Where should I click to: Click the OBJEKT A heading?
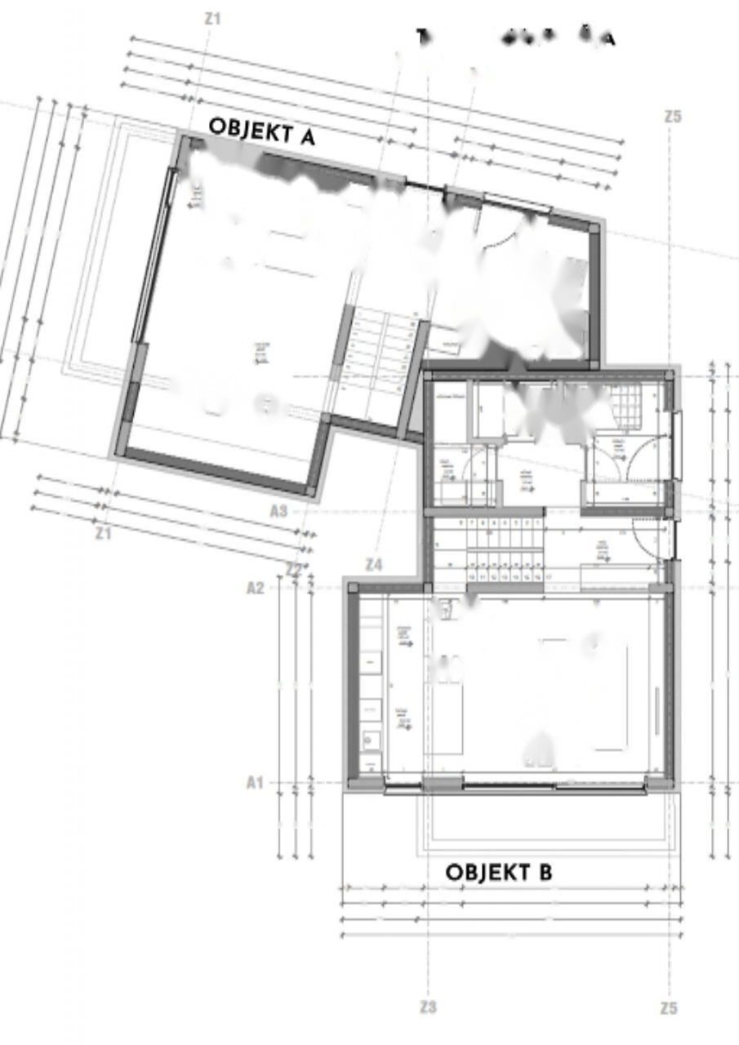coord(261,131)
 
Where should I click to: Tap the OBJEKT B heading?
coord(498,872)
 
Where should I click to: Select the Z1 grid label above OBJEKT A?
coord(212,18)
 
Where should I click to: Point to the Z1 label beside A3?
coord(103,533)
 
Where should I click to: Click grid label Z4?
coord(374,564)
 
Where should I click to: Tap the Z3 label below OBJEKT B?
coord(428,1007)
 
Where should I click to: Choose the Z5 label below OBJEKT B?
coord(669,1008)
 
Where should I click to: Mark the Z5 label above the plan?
coord(672,117)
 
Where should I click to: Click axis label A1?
coord(255,782)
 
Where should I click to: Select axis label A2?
coord(255,587)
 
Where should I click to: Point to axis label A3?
coord(278,512)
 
